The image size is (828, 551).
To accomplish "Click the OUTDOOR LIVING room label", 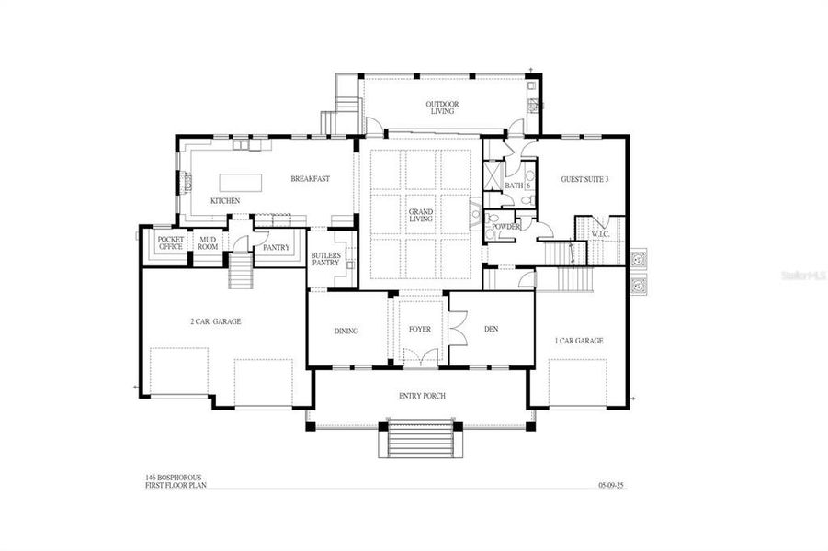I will [x=441, y=107].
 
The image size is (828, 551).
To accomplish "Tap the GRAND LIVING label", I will [x=421, y=217].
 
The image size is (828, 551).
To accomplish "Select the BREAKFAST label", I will [x=310, y=178].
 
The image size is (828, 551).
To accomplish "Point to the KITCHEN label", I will [x=225, y=200].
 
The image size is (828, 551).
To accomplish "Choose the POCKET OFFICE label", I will [x=171, y=243].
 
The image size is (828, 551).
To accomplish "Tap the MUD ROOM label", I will [x=208, y=243].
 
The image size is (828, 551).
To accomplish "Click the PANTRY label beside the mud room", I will [x=276, y=247].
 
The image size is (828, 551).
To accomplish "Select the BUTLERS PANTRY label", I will [x=325, y=259].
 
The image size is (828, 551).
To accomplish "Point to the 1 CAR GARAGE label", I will [x=579, y=340].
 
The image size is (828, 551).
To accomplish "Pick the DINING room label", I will [x=346, y=331].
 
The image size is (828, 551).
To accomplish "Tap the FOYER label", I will [x=420, y=328].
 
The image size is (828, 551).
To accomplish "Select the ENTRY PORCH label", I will [x=422, y=395].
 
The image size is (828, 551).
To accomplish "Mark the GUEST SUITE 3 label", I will [x=584, y=179].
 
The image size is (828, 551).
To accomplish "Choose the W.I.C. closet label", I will [x=601, y=234].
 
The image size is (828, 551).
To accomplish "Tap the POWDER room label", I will [x=506, y=227].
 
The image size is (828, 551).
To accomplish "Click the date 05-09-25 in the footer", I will [x=610, y=485].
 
